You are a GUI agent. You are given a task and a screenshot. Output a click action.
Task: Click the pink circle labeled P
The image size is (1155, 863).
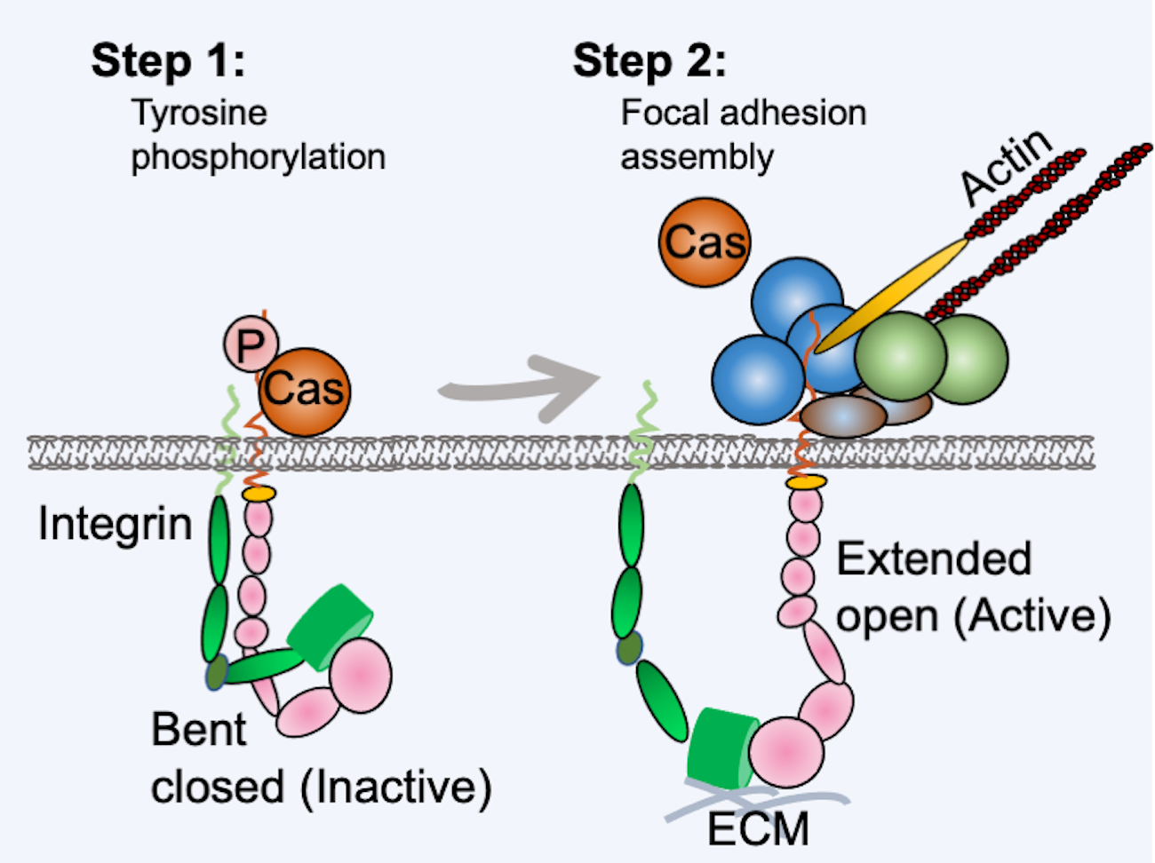251,344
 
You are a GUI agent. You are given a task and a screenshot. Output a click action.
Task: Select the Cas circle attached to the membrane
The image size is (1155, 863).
305,392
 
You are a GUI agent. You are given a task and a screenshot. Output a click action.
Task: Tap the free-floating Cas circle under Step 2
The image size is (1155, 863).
705,242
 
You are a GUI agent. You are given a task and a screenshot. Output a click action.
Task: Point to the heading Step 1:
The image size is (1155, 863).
168,61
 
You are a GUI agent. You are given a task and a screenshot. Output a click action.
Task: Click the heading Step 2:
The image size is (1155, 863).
649,61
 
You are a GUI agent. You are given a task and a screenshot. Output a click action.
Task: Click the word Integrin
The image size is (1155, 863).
115,524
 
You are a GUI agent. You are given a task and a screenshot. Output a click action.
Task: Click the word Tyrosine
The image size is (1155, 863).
199,113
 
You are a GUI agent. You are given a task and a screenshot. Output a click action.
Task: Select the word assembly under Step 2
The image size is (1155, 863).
697,157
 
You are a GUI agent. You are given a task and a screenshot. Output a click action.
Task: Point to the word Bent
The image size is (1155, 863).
198,730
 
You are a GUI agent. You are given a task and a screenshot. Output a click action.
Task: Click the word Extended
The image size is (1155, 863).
934,559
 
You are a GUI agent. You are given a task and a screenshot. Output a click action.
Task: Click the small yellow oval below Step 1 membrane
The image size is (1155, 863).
259,493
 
